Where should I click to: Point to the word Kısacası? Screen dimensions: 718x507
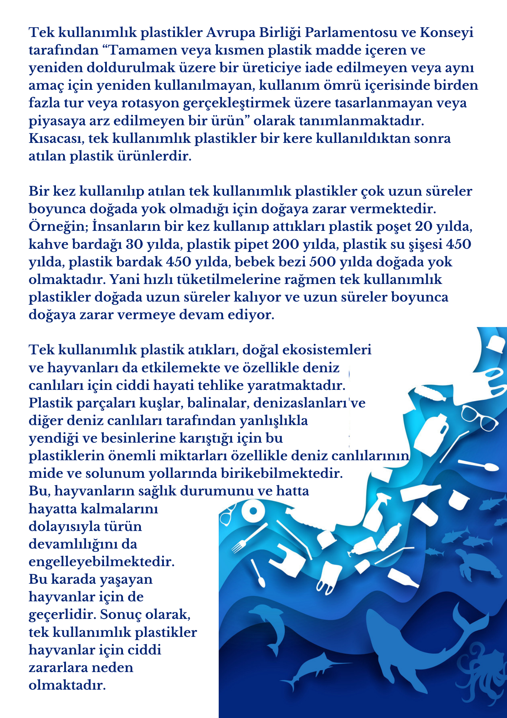[56, 139]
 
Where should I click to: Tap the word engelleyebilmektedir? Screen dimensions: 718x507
[101, 561]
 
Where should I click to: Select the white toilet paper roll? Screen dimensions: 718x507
[253, 511]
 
